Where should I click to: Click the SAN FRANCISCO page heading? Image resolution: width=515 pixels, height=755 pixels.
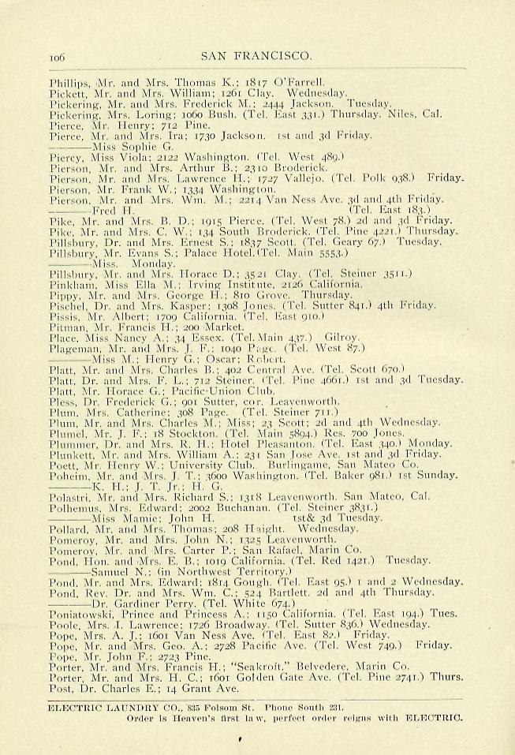coord(257,55)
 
